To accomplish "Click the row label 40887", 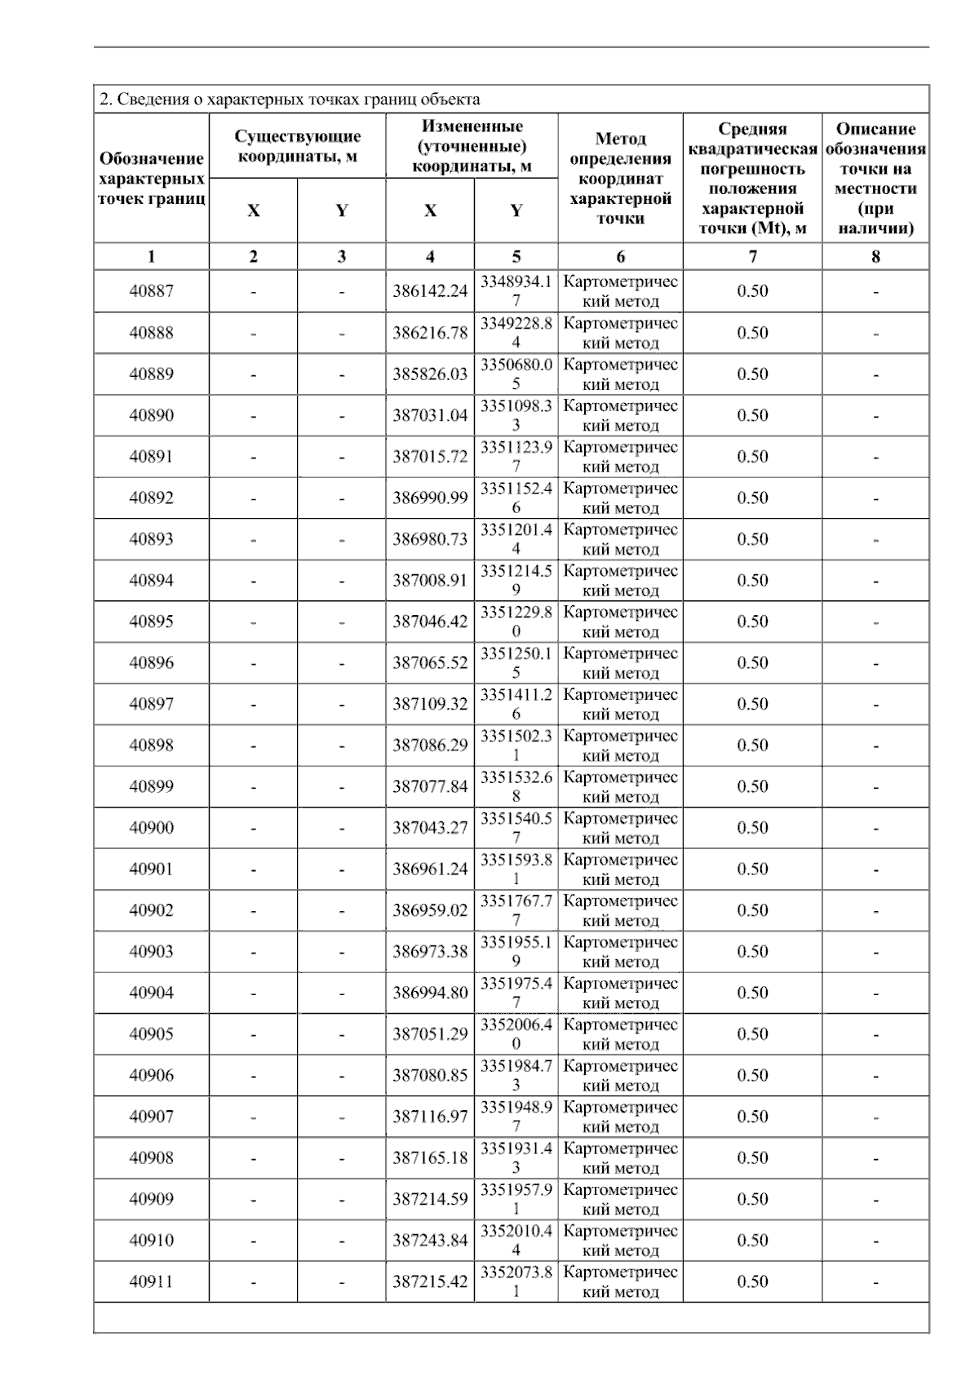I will point(151,291).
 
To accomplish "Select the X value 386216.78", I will point(430,333).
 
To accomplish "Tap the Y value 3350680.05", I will point(516,374).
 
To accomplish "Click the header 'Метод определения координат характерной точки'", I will point(620,179).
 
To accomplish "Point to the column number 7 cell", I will point(752,257).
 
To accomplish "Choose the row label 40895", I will point(151,622).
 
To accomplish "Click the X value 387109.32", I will point(430,704).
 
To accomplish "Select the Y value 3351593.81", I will point(516,869).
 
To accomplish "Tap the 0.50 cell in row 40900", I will point(752,828).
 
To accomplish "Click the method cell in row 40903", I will point(620,952).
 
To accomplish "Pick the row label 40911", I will point(151,1282).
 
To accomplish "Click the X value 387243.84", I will point(430,1241).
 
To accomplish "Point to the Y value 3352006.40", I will point(516,1034).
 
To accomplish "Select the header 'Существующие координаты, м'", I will point(298,146).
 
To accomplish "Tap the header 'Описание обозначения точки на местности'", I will point(875,179).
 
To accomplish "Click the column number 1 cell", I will point(151,257).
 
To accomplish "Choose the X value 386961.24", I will point(430,869).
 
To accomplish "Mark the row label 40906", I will point(151,1076).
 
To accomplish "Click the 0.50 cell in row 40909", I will point(752,1199).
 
